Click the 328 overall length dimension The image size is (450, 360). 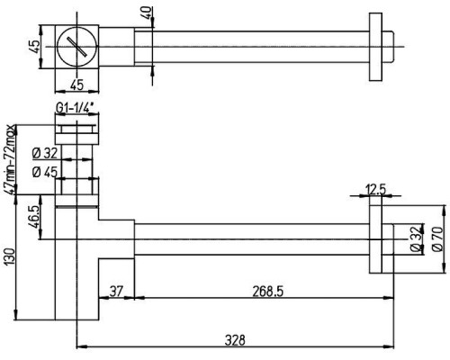(x=235, y=340)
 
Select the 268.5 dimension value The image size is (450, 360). (x=267, y=292)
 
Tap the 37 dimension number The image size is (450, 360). (x=116, y=291)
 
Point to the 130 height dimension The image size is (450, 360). (x=9, y=256)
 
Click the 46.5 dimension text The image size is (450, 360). (x=35, y=217)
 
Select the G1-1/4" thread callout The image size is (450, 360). (x=75, y=108)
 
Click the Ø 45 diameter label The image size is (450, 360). (x=44, y=172)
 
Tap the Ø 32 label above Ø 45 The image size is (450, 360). (x=44, y=154)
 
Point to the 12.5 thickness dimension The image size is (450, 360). (x=375, y=190)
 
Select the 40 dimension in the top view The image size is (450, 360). (x=147, y=13)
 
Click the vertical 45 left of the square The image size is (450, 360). (x=35, y=47)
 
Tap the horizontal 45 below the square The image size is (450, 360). (x=76, y=85)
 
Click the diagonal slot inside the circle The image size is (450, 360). (x=77, y=47)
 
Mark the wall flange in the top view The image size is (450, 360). (x=375, y=47)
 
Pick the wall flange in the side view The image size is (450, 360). (x=375, y=239)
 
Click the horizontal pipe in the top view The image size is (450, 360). (x=251, y=47)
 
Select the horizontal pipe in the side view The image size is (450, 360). (x=251, y=239)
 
